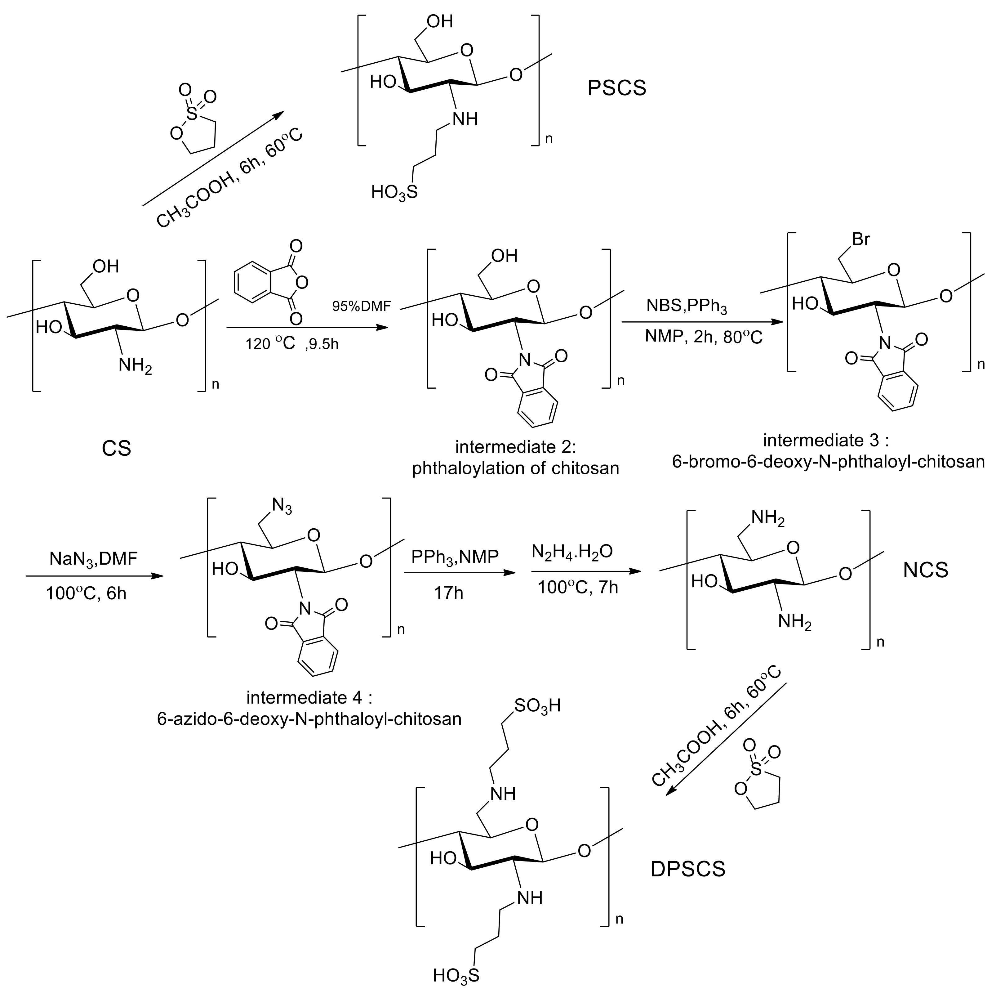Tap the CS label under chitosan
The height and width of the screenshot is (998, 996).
point(116,448)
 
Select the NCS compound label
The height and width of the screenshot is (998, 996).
point(926,570)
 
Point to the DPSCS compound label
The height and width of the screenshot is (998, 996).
point(688,869)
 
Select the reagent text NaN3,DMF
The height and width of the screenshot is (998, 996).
point(93,559)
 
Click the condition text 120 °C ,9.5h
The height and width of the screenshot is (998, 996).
point(292,343)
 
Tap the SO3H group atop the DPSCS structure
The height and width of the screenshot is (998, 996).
point(537,706)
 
